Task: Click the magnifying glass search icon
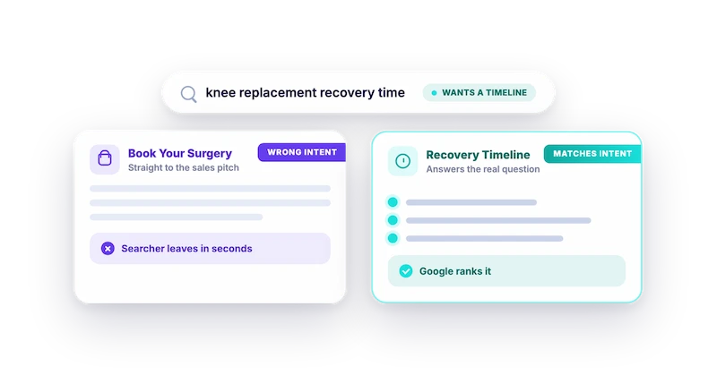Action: click(188, 94)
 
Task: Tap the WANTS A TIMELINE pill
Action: click(479, 93)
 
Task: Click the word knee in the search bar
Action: click(220, 92)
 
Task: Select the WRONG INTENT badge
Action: click(302, 152)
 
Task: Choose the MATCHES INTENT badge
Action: click(592, 153)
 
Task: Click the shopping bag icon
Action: click(105, 159)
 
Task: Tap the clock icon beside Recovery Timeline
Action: click(402, 161)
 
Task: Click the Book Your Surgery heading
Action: click(180, 153)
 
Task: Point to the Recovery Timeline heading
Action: click(478, 155)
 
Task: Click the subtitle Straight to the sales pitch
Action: click(184, 167)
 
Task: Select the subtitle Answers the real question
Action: click(483, 169)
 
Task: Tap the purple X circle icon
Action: click(108, 249)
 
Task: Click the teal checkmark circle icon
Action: click(406, 271)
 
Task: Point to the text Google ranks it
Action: click(455, 271)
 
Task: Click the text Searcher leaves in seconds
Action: click(186, 249)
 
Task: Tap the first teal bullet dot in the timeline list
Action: click(393, 202)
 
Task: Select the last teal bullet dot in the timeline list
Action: click(393, 238)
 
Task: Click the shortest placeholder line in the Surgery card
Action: click(176, 217)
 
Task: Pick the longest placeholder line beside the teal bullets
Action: click(498, 220)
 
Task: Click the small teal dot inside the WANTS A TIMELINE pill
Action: click(434, 93)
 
